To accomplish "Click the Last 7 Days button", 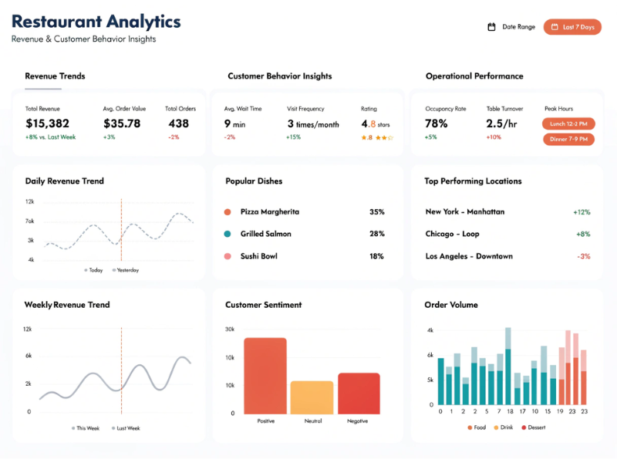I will [x=572, y=27].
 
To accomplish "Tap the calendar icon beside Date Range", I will [x=491, y=27].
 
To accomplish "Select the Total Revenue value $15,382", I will [x=47, y=123].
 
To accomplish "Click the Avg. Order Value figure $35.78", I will [x=122, y=123].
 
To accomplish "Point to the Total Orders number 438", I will [x=178, y=123].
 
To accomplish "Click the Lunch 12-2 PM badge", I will [x=569, y=123].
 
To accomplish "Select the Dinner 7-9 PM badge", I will [x=569, y=140].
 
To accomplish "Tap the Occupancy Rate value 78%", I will [x=437, y=123].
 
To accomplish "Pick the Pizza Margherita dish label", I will [x=269, y=211].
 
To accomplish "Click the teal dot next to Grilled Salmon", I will [x=228, y=234].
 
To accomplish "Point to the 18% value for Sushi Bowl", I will [x=376, y=256].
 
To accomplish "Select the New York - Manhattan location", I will [x=464, y=211].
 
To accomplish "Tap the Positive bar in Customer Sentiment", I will [x=265, y=377].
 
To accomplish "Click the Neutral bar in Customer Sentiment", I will [x=312, y=398].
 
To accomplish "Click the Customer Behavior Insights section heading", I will [x=279, y=76].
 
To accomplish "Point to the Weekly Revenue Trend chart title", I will [x=67, y=305].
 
